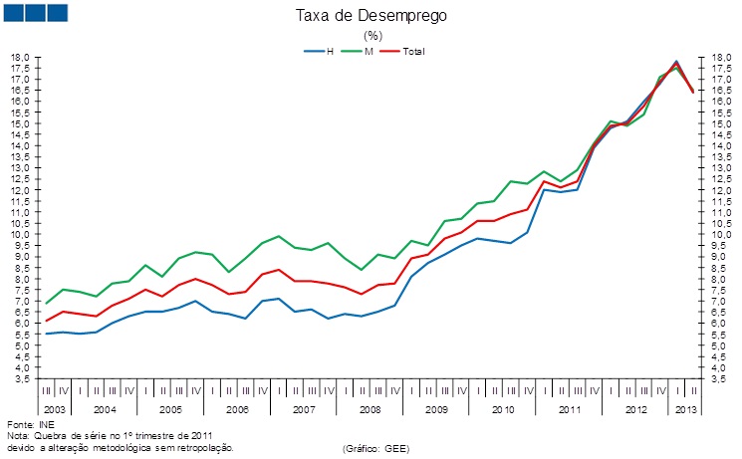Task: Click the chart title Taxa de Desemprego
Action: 371,16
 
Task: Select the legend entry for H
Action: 329,51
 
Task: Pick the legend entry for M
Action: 370,51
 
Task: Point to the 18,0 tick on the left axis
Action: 19,58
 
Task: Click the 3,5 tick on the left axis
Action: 19,379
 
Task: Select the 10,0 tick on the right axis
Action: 721,235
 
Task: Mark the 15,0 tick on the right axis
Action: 721,124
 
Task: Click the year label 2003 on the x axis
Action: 55,410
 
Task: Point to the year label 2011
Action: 569,410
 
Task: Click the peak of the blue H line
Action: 676,62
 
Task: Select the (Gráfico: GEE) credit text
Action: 375,449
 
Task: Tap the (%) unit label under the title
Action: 371,35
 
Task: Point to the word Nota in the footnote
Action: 17,436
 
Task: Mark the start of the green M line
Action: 47,303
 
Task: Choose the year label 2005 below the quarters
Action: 170,410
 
